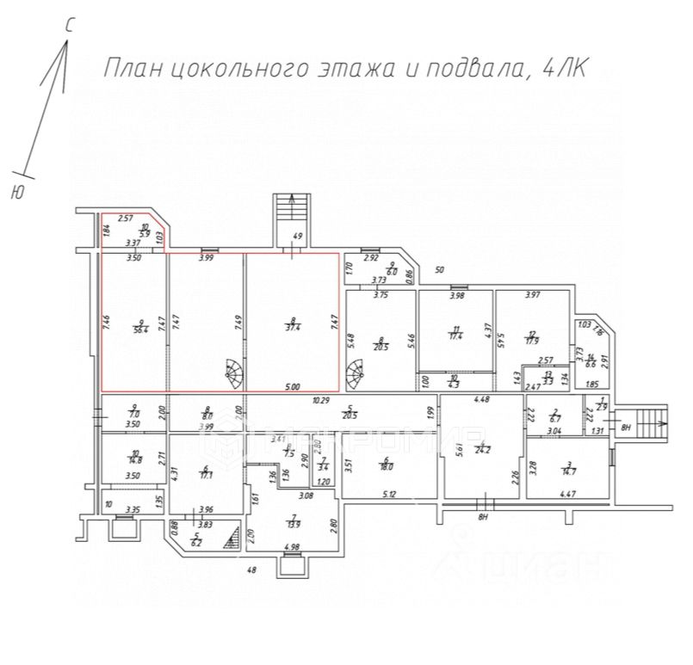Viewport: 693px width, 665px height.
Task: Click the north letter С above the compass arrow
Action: click(70, 27)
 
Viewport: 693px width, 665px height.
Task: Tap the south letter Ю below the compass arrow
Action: click(16, 194)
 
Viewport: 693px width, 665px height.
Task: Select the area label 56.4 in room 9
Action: click(139, 328)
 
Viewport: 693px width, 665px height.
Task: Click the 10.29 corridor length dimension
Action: click(322, 400)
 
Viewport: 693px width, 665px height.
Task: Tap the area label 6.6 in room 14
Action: click(591, 364)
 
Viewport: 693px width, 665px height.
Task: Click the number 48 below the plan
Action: click(253, 570)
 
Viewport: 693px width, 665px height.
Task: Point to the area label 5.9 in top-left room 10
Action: click(146, 234)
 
